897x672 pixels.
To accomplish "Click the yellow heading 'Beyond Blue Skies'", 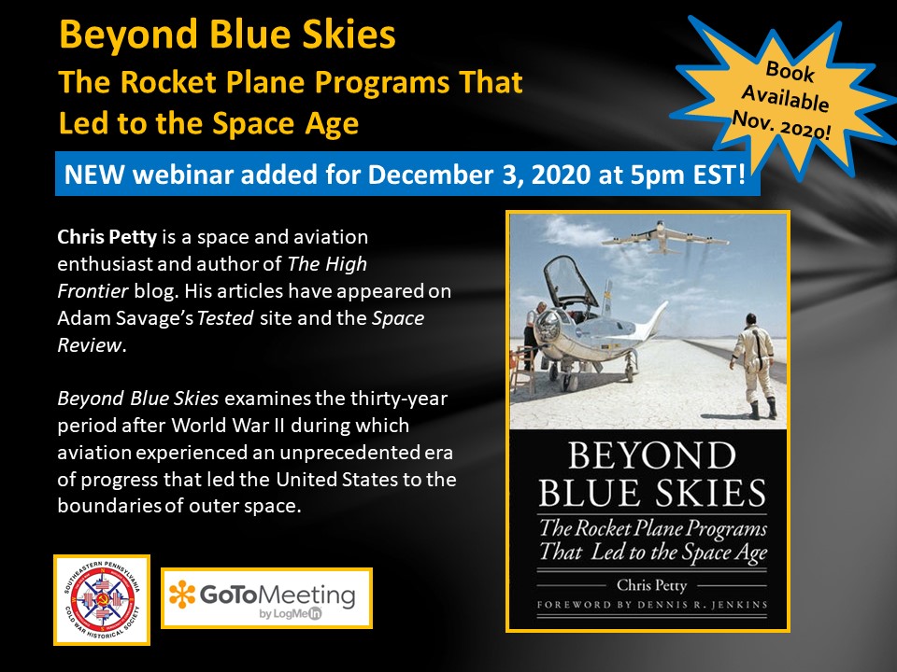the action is coord(227,35).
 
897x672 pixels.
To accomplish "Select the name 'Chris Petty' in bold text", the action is coord(107,236).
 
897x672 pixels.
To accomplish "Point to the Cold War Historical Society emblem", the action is coord(102,599).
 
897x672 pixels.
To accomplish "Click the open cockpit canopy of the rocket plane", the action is coord(570,284).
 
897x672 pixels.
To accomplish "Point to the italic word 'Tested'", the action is coord(225,317).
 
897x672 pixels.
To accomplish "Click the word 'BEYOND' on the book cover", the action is coord(651,455).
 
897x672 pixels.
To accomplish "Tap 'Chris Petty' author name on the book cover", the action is coord(651,585).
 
